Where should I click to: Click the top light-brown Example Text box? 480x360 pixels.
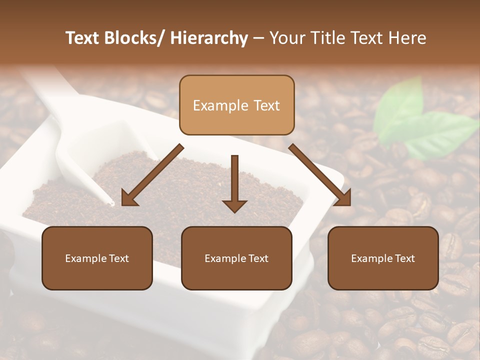coord(236,105)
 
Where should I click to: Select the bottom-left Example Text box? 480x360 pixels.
coord(97,258)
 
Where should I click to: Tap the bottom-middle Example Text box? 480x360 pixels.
coord(236,258)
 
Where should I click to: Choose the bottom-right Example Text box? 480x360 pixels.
coord(383,258)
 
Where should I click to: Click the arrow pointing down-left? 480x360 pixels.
coord(152,175)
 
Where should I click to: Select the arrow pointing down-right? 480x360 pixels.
coord(320,175)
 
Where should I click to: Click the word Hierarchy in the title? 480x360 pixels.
coord(209,38)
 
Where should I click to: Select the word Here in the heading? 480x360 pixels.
coord(408,38)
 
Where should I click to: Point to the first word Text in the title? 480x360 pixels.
coord(84,38)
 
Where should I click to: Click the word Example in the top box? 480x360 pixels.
coord(220,105)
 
